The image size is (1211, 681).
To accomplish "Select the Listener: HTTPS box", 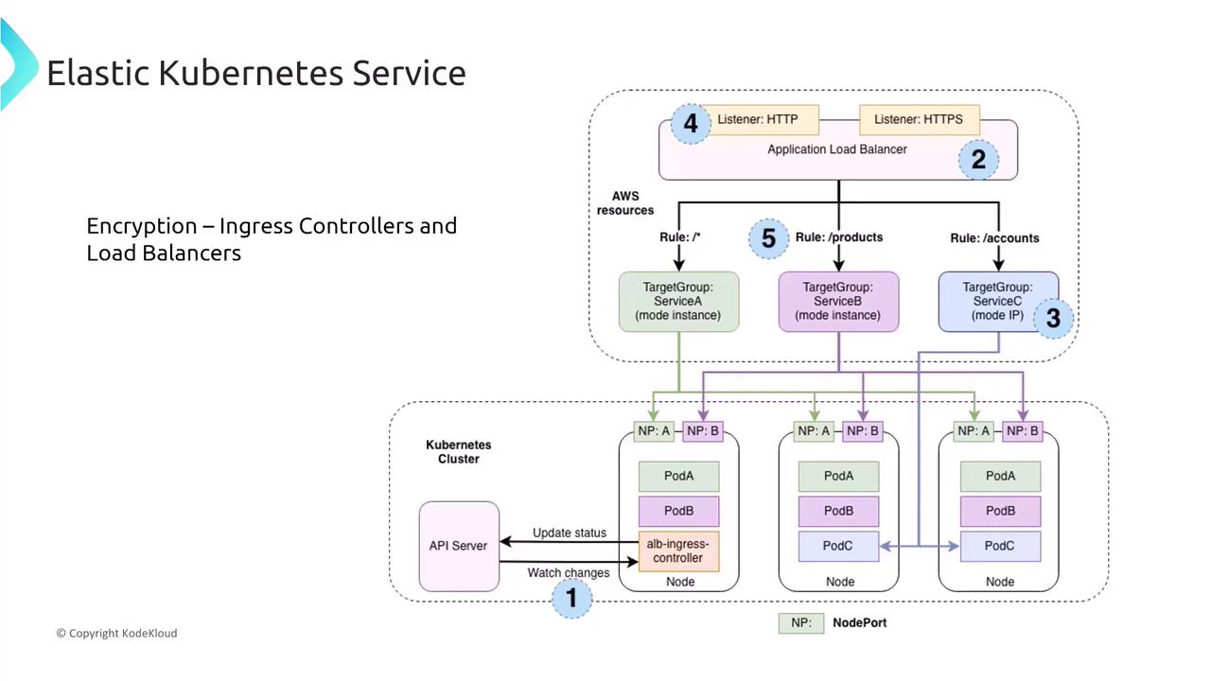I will coord(919,120).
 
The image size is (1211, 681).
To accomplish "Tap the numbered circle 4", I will coord(691,124).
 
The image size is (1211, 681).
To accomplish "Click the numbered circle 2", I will coord(978,160).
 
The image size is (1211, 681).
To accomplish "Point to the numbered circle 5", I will coord(768,238).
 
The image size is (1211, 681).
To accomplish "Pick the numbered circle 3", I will coord(1053,319).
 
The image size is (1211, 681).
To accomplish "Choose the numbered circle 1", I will coord(571,598).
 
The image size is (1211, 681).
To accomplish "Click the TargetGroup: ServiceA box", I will coord(678,302).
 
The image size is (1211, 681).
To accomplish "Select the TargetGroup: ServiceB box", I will coord(838,302).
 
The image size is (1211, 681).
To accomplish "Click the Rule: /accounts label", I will coord(994,238).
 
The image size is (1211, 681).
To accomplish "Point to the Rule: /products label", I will coord(839,237).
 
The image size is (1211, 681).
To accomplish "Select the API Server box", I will coord(459,546).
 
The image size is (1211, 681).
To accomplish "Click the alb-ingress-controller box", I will coord(678,550).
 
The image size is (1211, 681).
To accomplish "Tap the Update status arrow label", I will coord(570,533).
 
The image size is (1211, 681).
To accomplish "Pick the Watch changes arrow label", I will coord(569,572).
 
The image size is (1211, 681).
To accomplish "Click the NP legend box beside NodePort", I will coord(800,622).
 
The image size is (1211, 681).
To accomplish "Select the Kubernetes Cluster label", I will coord(459,451).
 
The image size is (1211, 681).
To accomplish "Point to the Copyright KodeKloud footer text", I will coord(116,633).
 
